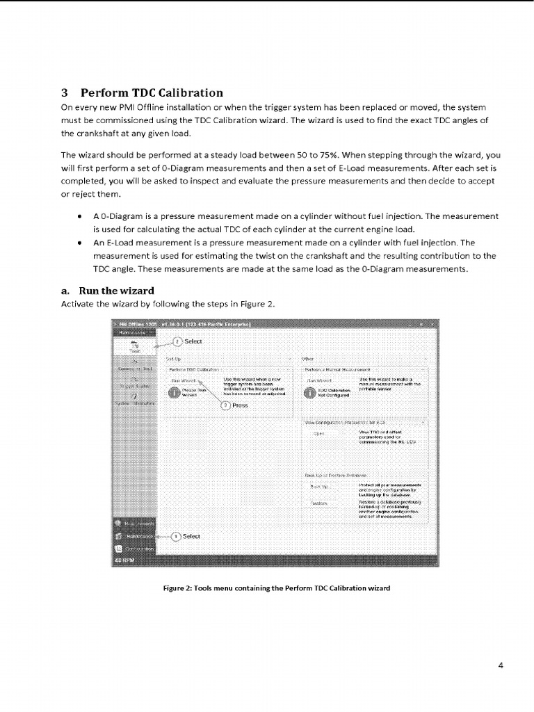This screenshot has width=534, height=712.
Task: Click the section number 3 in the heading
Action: pos(65,92)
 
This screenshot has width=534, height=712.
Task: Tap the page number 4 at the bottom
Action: pos(501,665)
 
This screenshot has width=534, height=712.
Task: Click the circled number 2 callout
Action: pos(177,341)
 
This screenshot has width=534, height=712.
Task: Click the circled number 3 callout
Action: pos(225,406)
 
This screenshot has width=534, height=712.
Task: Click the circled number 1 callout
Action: pos(176,537)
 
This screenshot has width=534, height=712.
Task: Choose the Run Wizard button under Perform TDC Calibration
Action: pos(184,380)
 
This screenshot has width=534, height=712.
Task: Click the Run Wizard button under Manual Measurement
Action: pos(321,380)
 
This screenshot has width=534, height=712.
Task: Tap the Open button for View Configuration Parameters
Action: pos(319,433)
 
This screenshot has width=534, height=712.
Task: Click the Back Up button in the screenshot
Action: pos(319,486)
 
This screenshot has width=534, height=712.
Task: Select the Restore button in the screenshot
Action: pos(319,503)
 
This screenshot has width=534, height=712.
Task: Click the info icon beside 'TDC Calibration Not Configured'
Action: pos(308,392)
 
